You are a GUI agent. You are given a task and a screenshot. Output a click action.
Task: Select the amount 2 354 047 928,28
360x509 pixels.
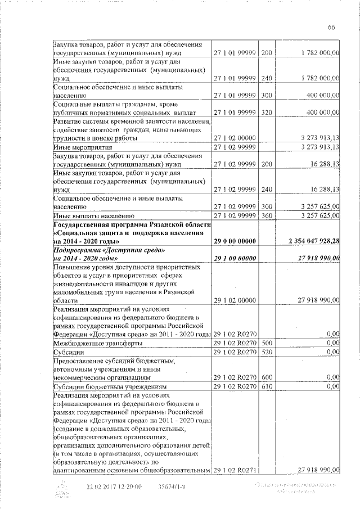point(314,241)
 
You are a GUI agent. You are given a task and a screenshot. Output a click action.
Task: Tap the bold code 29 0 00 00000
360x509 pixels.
point(235,241)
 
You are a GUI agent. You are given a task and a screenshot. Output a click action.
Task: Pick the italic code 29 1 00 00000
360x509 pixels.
point(235,258)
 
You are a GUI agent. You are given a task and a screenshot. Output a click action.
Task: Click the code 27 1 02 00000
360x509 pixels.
point(235,138)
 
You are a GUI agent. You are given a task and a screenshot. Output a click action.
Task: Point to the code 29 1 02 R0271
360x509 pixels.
point(235,470)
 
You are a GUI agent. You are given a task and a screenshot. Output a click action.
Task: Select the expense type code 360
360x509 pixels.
point(267,215)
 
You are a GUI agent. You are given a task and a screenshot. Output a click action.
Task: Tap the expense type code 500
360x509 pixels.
point(267,343)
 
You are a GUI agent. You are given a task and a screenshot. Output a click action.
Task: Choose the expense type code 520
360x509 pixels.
point(267,352)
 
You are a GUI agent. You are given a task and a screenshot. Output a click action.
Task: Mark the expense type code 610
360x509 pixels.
point(267,387)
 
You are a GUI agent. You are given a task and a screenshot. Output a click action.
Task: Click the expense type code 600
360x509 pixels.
point(267,378)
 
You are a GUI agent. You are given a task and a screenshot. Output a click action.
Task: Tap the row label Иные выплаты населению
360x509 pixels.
point(93,215)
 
